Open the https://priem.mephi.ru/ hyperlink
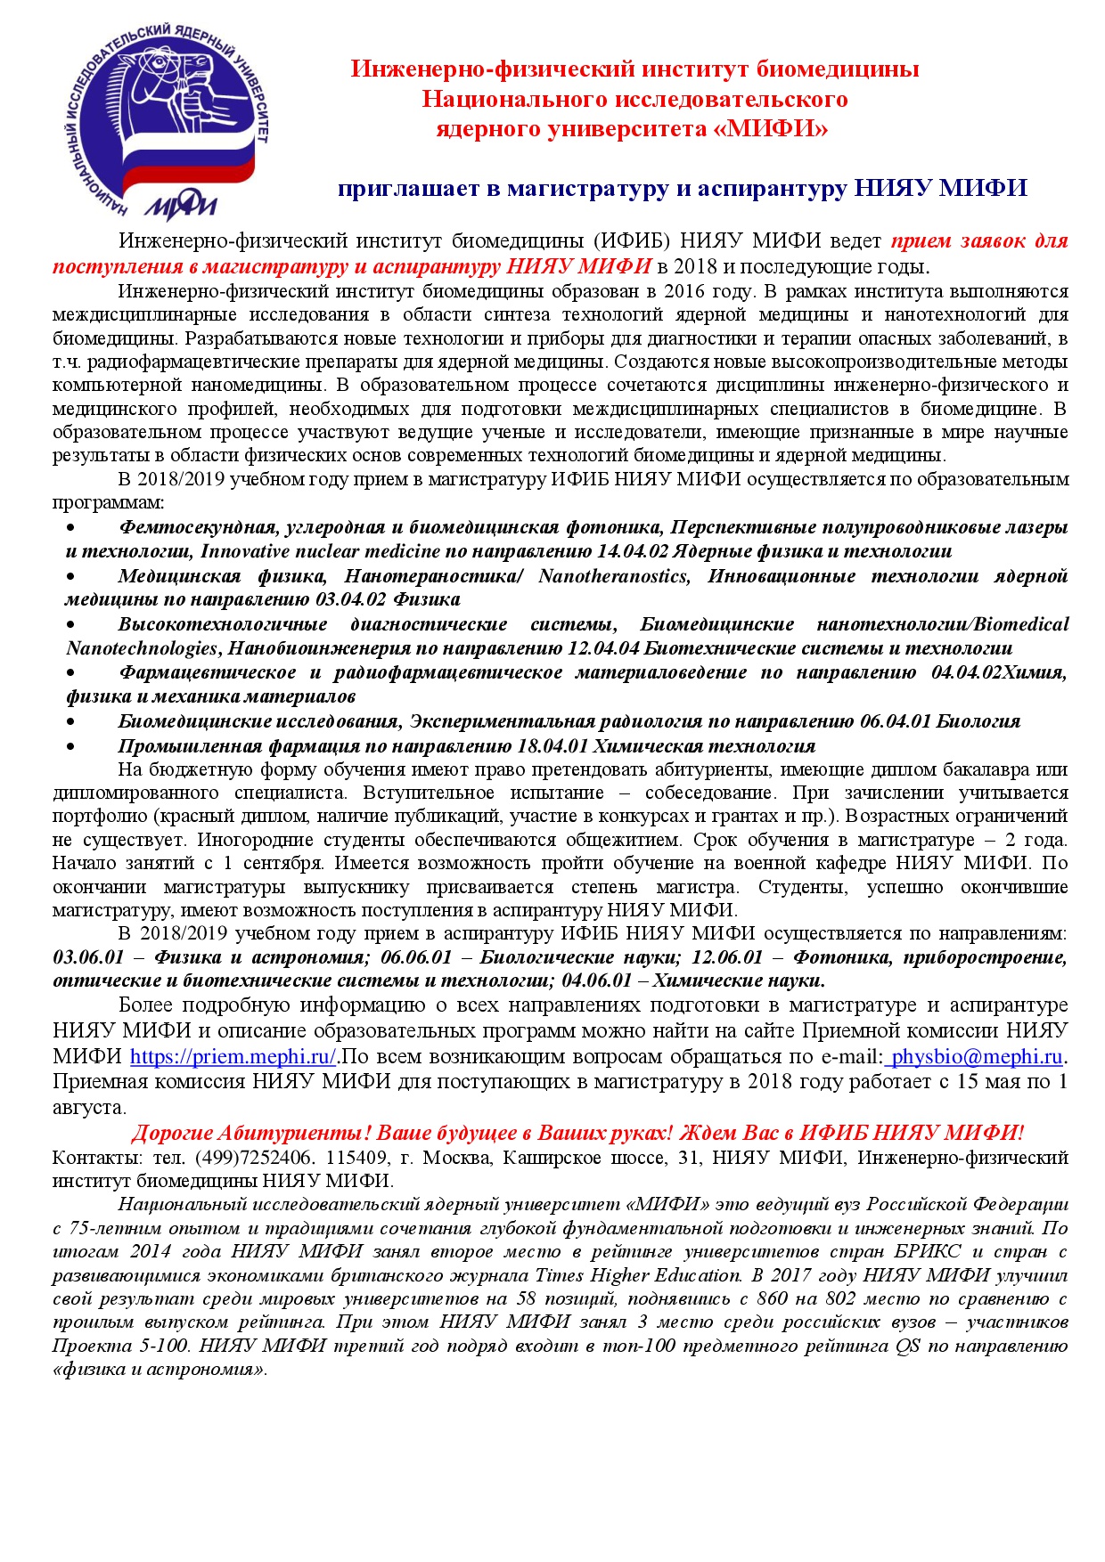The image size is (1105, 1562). click(233, 1057)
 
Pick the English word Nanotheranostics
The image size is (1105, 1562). click(613, 576)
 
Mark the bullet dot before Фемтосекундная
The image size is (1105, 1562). click(70, 528)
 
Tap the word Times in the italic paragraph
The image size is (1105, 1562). click(566, 1275)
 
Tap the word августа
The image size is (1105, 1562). click(87, 1108)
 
